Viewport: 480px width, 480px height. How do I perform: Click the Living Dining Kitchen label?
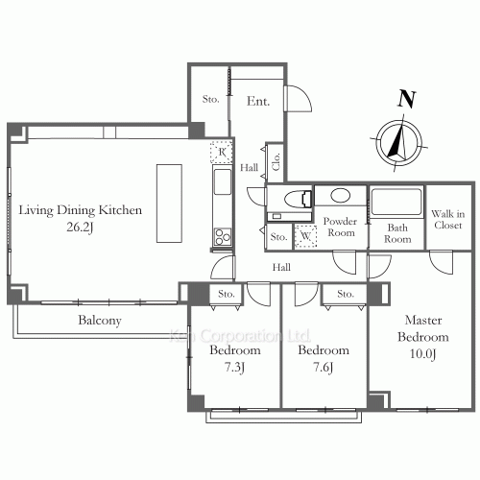coord(81,210)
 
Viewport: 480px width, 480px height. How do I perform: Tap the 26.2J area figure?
coord(80,228)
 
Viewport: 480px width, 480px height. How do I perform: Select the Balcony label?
coord(100,321)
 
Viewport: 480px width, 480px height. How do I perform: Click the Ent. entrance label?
coord(258,101)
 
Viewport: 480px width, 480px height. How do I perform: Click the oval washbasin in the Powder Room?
coord(340,195)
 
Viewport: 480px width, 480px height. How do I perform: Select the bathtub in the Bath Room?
coord(396,202)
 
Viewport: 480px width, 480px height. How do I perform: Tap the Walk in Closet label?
coord(448,220)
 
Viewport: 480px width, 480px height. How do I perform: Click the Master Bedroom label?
coord(423,328)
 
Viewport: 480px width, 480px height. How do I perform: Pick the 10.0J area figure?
coord(423,354)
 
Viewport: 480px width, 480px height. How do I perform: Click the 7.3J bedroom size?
coord(234,367)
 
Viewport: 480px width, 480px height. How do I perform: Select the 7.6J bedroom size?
coord(324,367)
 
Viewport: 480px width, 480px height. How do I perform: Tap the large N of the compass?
coord(407,99)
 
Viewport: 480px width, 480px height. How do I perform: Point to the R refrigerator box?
coord(222,152)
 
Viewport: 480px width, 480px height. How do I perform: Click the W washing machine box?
coord(305,236)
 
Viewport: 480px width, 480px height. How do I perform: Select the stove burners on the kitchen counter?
coord(223,237)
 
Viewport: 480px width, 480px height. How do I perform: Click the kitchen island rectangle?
coord(169,204)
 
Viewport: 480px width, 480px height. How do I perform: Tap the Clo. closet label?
coord(276,161)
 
